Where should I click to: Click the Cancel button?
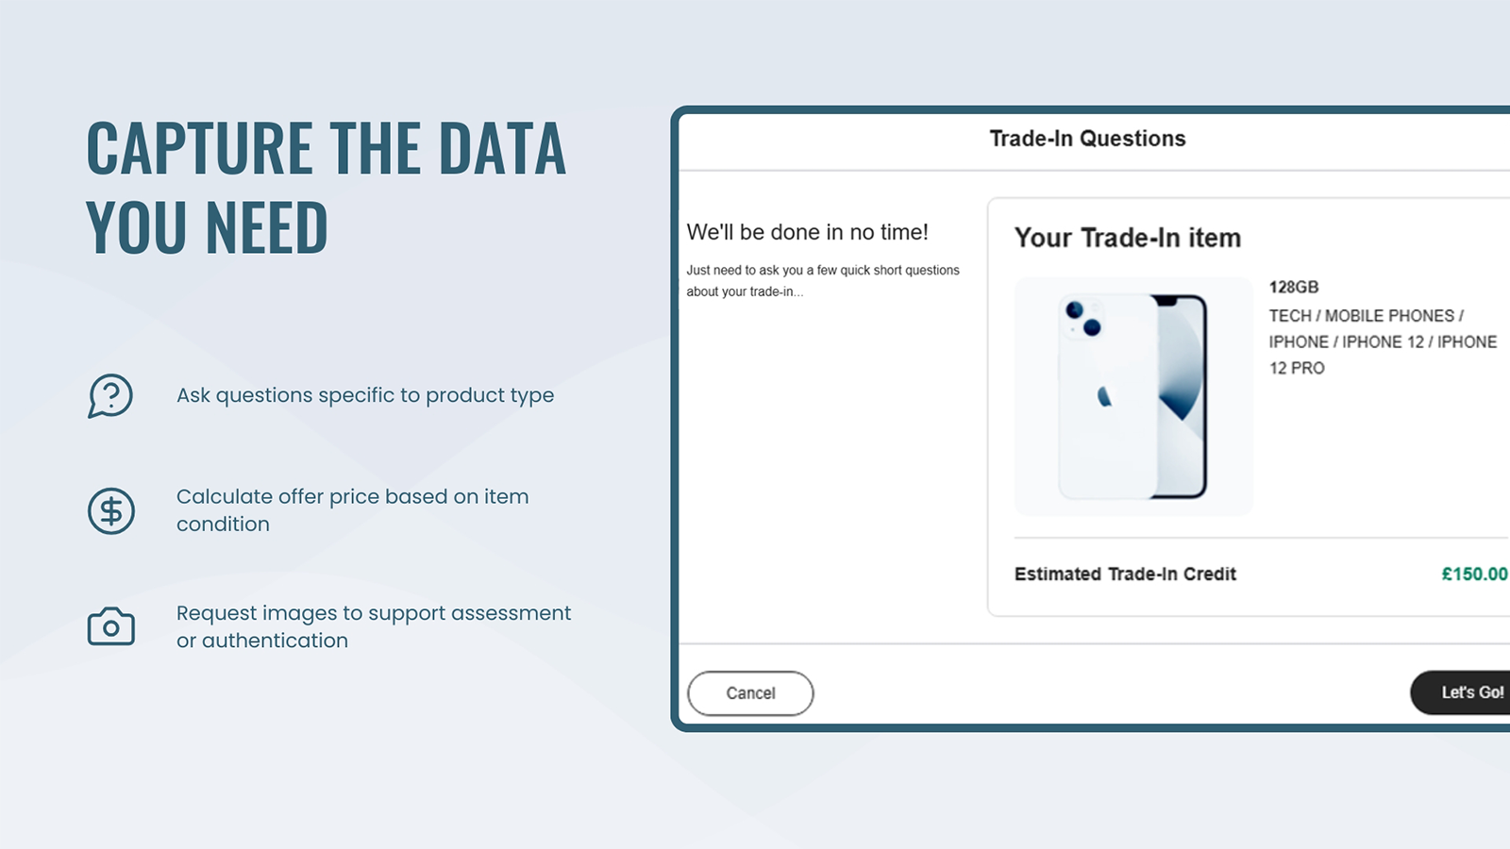[x=750, y=692]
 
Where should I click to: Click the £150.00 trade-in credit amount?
[x=1474, y=574]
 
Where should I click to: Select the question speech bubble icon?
[x=110, y=395]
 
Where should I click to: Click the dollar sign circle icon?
[x=111, y=510]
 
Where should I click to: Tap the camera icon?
[x=111, y=626]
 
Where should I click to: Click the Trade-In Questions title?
[x=1087, y=138]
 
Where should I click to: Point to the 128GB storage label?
[x=1294, y=287]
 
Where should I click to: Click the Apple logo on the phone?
[x=1104, y=396]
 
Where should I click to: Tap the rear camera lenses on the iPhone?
[x=1083, y=319]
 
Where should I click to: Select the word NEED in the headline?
[x=266, y=226]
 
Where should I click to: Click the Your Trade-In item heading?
[x=1128, y=238]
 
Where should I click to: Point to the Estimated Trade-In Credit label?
[x=1125, y=574]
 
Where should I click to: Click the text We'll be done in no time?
[x=807, y=232]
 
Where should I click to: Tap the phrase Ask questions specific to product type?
[x=365, y=395]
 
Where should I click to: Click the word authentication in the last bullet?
[x=275, y=641]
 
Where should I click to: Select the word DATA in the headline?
[x=502, y=147]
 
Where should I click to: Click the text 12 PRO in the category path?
[x=1297, y=368]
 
